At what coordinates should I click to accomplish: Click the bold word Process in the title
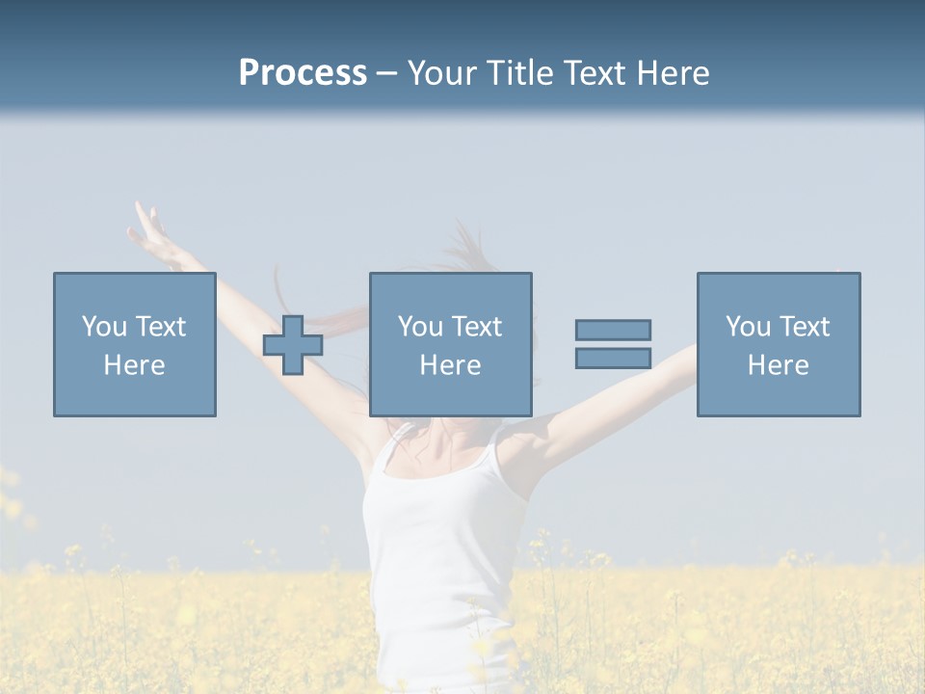point(303,73)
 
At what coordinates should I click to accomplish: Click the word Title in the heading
point(520,73)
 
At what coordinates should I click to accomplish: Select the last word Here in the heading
point(673,73)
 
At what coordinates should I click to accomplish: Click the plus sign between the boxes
point(293,345)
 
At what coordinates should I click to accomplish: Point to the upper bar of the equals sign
point(613,331)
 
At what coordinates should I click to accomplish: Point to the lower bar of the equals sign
point(613,359)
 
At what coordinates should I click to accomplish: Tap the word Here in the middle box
point(451,365)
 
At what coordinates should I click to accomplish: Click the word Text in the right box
point(804,327)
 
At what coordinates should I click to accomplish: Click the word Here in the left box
point(135,365)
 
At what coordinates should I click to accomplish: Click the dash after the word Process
point(387,73)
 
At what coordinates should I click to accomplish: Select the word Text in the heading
point(594,73)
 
